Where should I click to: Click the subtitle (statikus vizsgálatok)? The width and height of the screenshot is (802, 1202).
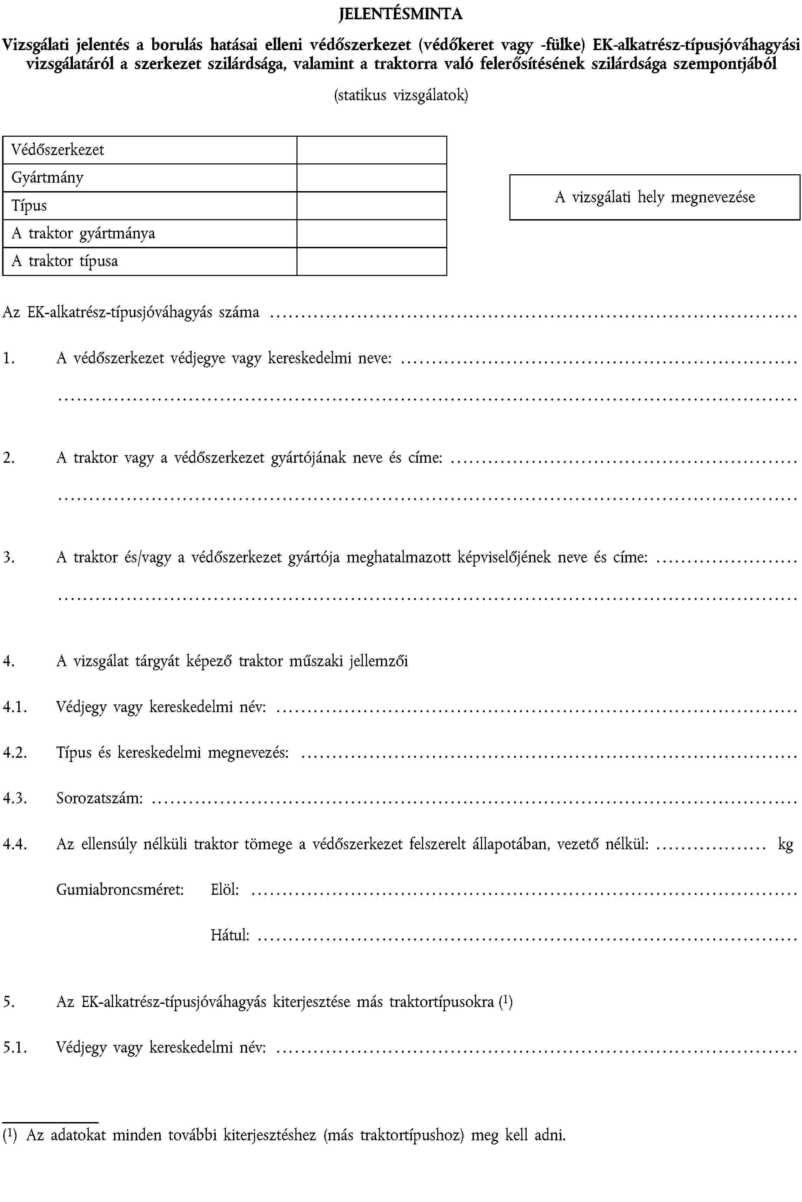[x=401, y=95]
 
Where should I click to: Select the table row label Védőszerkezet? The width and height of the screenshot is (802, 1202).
[x=58, y=150]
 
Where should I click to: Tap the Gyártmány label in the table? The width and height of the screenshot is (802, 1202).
[x=48, y=178]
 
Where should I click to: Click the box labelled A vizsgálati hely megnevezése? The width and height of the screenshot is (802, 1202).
[x=654, y=197]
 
